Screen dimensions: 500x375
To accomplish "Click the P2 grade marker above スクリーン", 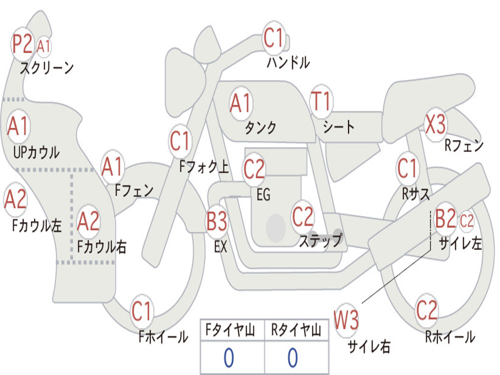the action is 22,43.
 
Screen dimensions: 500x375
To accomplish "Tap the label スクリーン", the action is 47,68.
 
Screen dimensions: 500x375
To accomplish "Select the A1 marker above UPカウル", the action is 18,126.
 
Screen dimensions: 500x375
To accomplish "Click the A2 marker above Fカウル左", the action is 15,199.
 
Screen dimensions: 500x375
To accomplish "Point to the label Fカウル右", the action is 102,247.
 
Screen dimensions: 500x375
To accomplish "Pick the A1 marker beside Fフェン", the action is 113,167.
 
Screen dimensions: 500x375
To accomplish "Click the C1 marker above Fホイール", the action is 142,311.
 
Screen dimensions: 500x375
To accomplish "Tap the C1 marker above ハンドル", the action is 273,38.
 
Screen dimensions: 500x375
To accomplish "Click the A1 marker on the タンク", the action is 241,104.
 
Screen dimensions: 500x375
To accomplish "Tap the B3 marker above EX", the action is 217,221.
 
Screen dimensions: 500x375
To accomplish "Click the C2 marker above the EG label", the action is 254,169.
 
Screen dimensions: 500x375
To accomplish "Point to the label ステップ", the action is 321,240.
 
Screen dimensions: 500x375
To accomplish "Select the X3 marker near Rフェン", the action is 436,124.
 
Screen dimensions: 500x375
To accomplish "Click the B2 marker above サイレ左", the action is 445,218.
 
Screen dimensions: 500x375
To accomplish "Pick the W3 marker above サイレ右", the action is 346,319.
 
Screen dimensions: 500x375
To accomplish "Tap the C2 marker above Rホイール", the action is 427,311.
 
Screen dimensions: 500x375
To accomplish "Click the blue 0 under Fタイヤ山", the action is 229,357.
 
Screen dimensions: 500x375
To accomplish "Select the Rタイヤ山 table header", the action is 296,330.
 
